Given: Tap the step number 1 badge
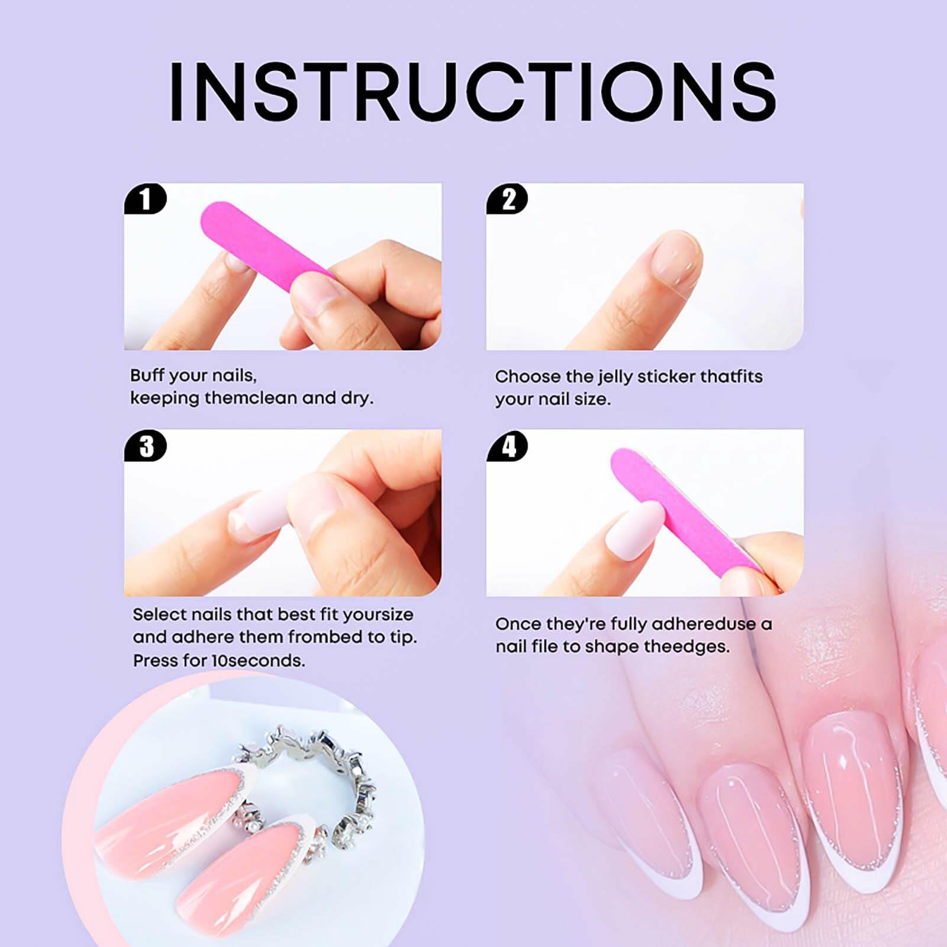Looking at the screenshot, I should (145, 199).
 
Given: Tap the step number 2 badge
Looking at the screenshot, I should (508, 199).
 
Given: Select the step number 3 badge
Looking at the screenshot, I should (146, 446).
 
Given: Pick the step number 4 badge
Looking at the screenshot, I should (508, 446).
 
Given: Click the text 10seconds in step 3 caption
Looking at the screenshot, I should (258, 661).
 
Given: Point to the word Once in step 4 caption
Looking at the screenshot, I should (518, 624).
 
